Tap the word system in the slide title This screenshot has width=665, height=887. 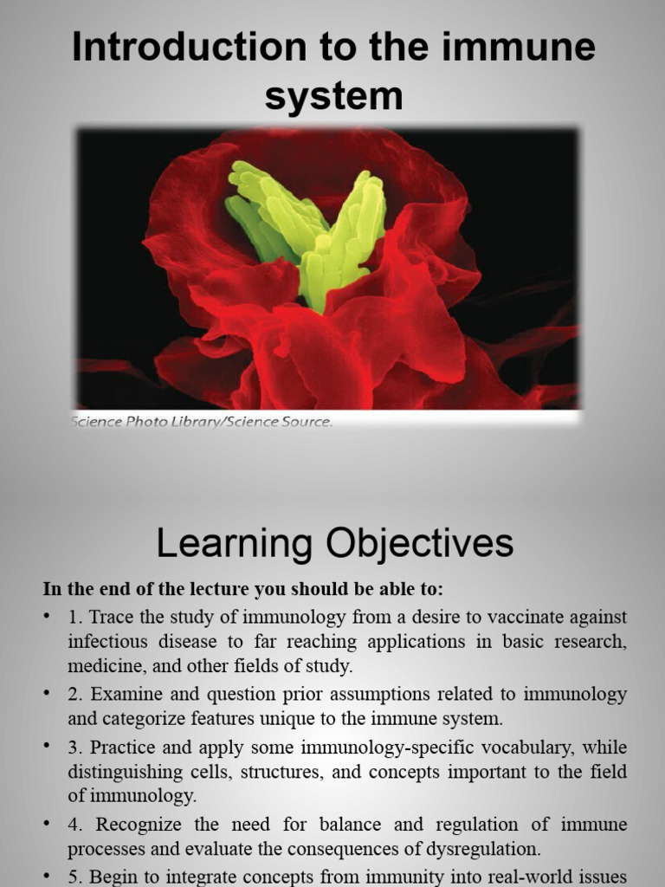[333, 96]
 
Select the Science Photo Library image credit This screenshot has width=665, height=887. [202, 422]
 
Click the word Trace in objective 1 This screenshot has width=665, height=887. [112, 617]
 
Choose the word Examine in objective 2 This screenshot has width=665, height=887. [121, 694]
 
